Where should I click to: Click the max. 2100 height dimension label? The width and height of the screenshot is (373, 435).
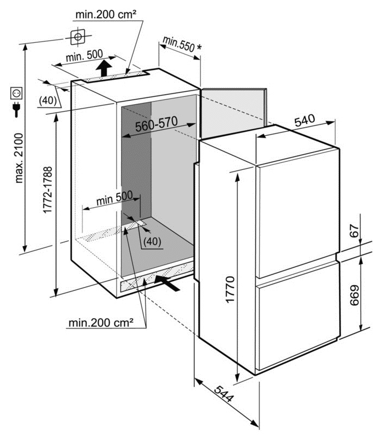point(19,158)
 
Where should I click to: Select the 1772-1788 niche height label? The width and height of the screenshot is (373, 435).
point(48,190)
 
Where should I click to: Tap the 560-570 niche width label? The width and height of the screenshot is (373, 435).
point(156,124)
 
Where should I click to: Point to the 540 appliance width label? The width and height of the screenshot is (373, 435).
point(305,120)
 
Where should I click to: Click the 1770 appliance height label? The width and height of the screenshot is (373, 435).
point(230,289)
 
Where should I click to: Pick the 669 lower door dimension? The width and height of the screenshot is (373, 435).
point(355,295)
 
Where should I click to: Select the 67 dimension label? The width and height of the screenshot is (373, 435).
point(354,231)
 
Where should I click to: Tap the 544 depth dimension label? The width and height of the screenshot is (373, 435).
point(224,393)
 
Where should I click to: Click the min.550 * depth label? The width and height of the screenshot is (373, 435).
point(182,44)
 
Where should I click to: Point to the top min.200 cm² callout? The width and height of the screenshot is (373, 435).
point(106,15)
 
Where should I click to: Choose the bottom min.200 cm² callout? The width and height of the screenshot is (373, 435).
point(101,323)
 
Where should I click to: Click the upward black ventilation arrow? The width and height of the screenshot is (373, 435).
point(104,68)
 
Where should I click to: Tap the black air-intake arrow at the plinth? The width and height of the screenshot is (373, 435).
point(167,282)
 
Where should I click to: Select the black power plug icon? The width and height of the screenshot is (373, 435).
point(16,110)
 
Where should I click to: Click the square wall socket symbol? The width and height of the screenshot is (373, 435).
point(16,93)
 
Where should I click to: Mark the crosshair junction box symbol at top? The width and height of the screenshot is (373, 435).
point(78,36)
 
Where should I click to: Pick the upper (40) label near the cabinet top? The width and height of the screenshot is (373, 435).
point(48,100)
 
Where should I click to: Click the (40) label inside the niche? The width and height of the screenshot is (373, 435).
point(152,241)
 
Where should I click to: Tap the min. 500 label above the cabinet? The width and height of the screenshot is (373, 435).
point(84,56)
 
